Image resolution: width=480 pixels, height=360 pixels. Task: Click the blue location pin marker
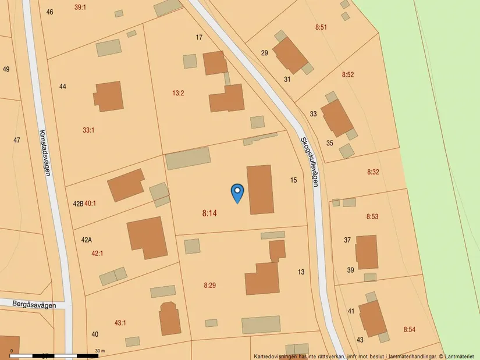pyautogui.click(x=237, y=193)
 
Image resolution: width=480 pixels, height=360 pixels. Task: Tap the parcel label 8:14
pyautogui.click(x=209, y=213)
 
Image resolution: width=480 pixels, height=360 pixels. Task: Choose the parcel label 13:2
pyautogui.click(x=178, y=93)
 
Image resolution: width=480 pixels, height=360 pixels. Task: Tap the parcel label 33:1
pyautogui.click(x=88, y=130)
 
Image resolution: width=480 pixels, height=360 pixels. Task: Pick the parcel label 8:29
pyautogui.click(x=209, y=285)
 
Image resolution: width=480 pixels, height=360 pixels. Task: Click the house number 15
pyautogui.click(x=293, y=180)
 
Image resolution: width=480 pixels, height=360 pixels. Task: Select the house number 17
pyautogui.click(x=199, y=38)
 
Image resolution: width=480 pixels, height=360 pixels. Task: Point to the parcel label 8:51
pyautogui.click(x=321, y=27)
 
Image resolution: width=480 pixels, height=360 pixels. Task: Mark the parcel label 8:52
pyautogui.click(x=348, y=74)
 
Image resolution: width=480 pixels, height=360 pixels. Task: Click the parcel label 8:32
pyautogui.click(x=373, y=172)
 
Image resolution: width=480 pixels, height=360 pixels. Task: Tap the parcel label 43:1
pyautogui.click(x=120, y=323)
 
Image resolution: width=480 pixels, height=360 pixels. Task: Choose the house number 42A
pyautogui.click(x=87, y=240)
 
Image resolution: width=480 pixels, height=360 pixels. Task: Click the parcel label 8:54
pyautogui.click(x=410, y=330)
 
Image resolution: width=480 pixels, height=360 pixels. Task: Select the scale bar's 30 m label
pyautogui.click(x=99, y=351)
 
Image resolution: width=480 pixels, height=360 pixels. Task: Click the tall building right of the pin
pyautogui.click(x=260, y=190)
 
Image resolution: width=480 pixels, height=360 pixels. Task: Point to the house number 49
pyautogui.click(x=6, y=69)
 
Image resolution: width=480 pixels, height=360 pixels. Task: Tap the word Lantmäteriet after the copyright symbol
pyautogui.click(x=461, y=356)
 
